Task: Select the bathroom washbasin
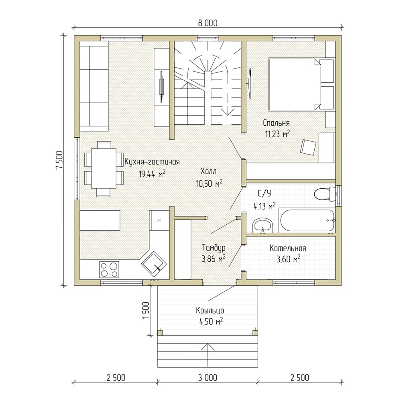(262, 225)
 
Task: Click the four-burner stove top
(109, 269)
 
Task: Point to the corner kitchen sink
(154, 264)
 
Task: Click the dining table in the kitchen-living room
(104, 168)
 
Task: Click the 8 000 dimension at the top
(208, 23)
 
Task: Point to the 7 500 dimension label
(59, 160)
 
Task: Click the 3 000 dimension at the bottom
(208, 378)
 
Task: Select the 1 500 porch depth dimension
(146, 311)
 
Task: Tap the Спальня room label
(276, 123)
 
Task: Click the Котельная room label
(288, 248)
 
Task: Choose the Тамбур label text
(214, 248)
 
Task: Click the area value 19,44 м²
(152, 174)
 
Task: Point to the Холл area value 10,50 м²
(209, 183)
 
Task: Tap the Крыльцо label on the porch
(210, 311)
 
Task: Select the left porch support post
(160, 333)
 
